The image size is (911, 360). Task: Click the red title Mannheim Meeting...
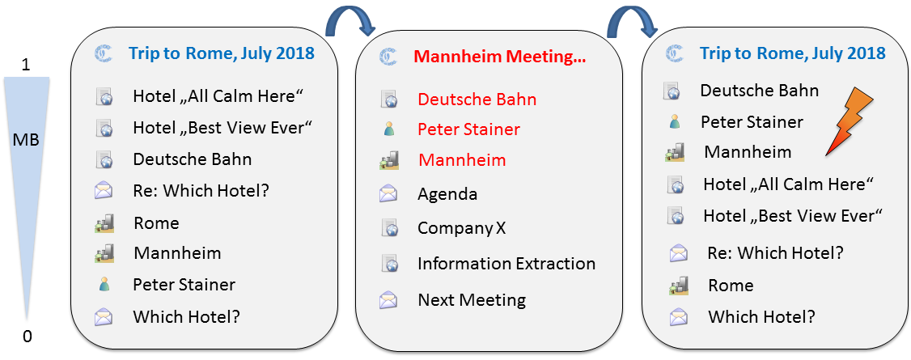point(500,57)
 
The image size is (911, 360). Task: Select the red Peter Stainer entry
point(468,129)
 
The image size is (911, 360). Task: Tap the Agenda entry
point(447,194)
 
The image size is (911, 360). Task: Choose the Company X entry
point(462,228)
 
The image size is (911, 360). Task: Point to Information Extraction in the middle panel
point(506,264)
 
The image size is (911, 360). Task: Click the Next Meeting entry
point(472,300)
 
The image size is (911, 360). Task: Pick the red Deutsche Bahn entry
point(477,100)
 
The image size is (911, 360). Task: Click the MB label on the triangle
point(27,140)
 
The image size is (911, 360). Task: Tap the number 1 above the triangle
point(26,66)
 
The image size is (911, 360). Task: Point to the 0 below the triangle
point(27,337)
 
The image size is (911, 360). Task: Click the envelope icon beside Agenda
point(388,193)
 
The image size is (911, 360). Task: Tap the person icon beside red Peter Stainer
point(388,129)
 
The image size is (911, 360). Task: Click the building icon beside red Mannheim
point(388,160)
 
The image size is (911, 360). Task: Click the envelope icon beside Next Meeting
point(388,300)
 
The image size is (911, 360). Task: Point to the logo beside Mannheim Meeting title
point(388,57)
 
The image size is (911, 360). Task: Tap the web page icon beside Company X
point(389,228)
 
